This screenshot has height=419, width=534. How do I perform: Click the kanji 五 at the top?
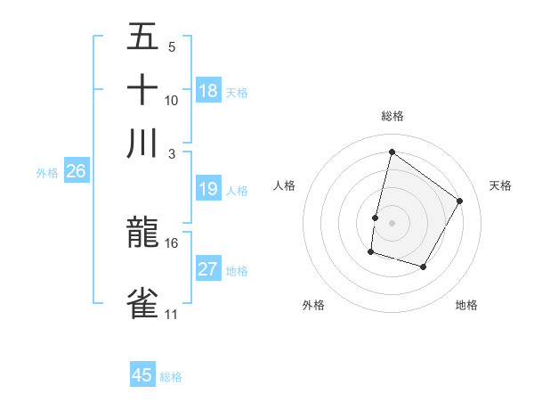click(142, 37)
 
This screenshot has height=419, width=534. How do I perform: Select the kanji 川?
click(142, 144)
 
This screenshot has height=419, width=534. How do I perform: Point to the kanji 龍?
click(142, 234)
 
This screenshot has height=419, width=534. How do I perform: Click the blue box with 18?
click(208, 91)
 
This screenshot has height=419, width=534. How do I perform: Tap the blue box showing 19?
click(208, 189)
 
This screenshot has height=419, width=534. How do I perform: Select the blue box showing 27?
click(208, 269)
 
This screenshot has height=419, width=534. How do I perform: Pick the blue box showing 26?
click(76, 172)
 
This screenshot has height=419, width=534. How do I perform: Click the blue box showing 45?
click(142, 375)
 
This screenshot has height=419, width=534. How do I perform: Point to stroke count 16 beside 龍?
click(171, 242)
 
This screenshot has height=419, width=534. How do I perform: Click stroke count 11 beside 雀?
click(171, 315)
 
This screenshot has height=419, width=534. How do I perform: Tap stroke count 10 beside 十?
click(171, 100)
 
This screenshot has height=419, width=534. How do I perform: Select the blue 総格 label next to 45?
click(171, 377)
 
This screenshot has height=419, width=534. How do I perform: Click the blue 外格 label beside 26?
click(46, 174)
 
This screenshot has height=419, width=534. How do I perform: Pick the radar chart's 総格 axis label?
click(392, 116)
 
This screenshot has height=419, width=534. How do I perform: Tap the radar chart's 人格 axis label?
click(285, 185)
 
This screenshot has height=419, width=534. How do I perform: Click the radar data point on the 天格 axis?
click(460, 201)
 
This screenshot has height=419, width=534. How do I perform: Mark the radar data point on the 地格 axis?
click(424, 267)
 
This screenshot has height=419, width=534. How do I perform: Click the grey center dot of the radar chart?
click(392, 223)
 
